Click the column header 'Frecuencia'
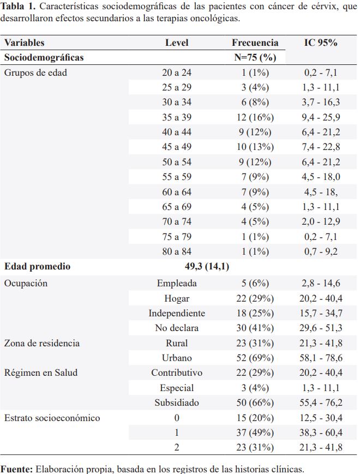coord(255,43)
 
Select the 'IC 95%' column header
coord(321,43)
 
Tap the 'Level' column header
coord(177,43)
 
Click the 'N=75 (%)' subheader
coord(255,57)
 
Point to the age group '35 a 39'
coord(177,117)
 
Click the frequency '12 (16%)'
coord(255,117)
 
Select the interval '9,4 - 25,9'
coord(321,117)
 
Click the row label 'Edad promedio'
coord(37,266)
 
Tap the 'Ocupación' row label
coord(26,283)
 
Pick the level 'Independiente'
coord(177,313)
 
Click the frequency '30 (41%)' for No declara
coord(255,328)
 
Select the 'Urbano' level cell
coord(177,358)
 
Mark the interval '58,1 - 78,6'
coord(321,358)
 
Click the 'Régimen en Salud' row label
coord(41,373)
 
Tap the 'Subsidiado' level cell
coord(177,403)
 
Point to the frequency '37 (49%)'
coord(255,433)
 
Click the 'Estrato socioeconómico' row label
coord(52,418)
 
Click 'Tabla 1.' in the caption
coord(18,7)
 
